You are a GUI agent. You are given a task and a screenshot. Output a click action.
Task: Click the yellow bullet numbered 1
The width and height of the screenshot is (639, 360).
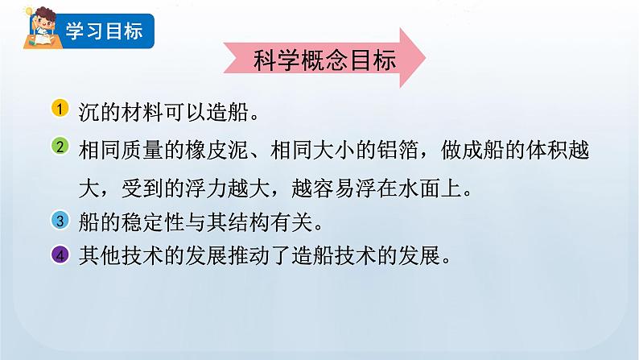(61, 109)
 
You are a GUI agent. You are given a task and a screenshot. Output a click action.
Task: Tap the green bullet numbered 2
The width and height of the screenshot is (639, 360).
(61, 147)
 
